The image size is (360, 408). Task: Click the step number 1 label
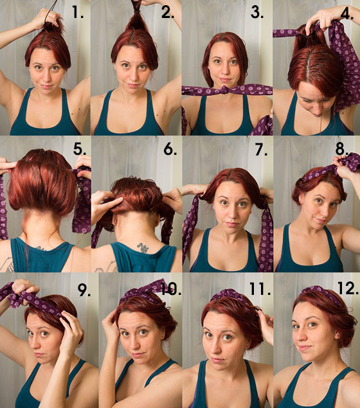click(x=78, y=12)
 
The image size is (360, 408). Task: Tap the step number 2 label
click(x=168, y=12)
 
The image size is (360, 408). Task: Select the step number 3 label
click(x=257, y=12)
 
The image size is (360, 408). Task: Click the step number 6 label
click(x=170, y=149)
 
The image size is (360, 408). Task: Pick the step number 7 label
click(x=261, y=149)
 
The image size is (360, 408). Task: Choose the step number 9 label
click(x=84, y=290)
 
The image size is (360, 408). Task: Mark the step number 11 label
click(x=260, y=288)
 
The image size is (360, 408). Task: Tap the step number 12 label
click(x=348, y=288)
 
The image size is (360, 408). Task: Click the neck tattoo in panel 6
click(x=143, y=247)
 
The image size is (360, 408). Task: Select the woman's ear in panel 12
click(x=337, y=334)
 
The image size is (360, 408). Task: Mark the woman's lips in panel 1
click(x=46, y=86)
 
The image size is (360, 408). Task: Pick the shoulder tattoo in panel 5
click(x=7, y=264)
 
